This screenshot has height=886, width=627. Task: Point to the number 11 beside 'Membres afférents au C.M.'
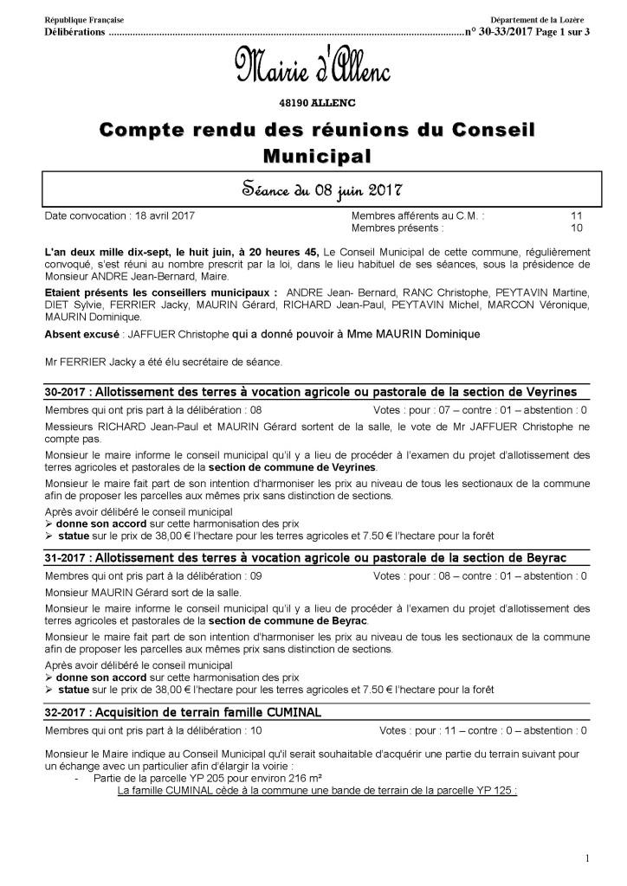(x=576, y=215)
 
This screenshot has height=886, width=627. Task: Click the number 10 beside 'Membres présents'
(x=576, y=228)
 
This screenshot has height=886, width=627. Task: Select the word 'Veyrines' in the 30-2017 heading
(x=545, y=392)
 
